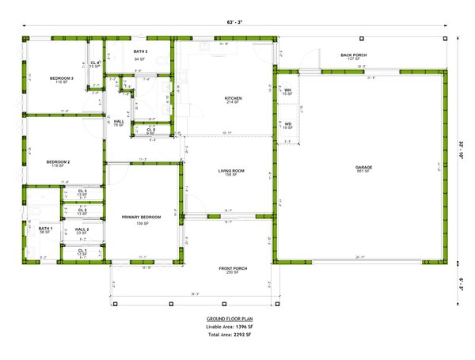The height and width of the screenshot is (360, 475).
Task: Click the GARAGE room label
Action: click(x=363, y=167)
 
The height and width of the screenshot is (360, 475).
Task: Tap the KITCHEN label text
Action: click(x=233, y=98)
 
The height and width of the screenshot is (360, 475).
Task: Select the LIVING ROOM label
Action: click(x=232, y=171)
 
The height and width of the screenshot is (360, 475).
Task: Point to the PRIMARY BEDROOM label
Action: click(x=142, y=216)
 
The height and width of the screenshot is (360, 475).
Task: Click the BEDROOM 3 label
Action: click(x=62, y=78)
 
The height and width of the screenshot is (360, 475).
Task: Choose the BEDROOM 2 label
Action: click(x=59, y=162)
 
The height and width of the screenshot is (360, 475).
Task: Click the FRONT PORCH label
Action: click(x=233, y=268)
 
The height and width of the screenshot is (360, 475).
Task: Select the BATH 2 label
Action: click(x=140, y=51)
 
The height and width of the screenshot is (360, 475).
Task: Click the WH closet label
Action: click(x=288, y=91)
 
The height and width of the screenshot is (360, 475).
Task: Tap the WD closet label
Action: click(x=288, y=123)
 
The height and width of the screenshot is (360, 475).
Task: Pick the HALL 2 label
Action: click(x=82, y=229)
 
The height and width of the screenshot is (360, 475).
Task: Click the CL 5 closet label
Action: click(x=150, y=130)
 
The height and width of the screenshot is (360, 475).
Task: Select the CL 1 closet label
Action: click(x=82, y=251)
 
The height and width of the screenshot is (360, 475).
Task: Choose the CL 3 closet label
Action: click(x=82, y=191)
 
